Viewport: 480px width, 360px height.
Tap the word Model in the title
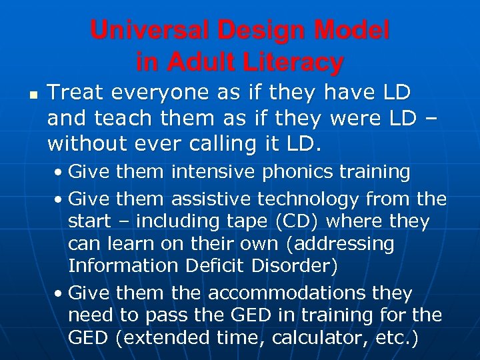[x=351, y=30]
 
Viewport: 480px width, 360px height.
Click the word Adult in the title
[x=197, y=62]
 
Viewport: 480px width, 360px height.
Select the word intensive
[x=213, y=172]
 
